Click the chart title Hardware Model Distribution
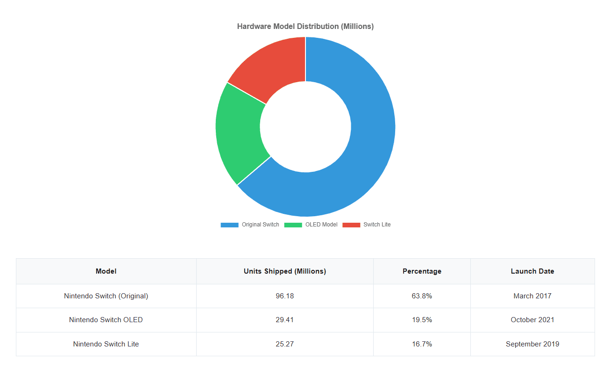pyautogui.click(x=305, y=27)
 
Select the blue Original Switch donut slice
pyautogui.click(x=369, y=140)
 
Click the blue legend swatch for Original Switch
pyautogui.click(x=229, y=225)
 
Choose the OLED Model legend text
pyautogui.click(x=321, y=225)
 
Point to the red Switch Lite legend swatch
pyautogui.click(x=351, y=225)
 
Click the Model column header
pyautogui.click(x=106, y=271)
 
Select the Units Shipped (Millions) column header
pyautogui.click(x=284, y=271)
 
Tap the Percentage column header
pyautogui.click(x=422, y=271)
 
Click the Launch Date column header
pyautogui.click(x=532, y=271)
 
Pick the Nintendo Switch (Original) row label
pyautogui.click(x=106, y=296)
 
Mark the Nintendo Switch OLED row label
pyautogui.click(x=106, y=320)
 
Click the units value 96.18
pyautogui.click(x=284, y=296)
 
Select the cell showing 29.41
pyautogui.click(x=284, y=320)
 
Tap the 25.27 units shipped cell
pyautogui.click(x=284, y=344)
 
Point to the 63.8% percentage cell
pyautogui.click(x=422, y=296)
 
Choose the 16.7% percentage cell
pyautogui.click(x=422, y=344)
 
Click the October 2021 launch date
pyautogui.click(x=532, y=320)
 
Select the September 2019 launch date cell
pyautogui.click(x=532, y=344)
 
